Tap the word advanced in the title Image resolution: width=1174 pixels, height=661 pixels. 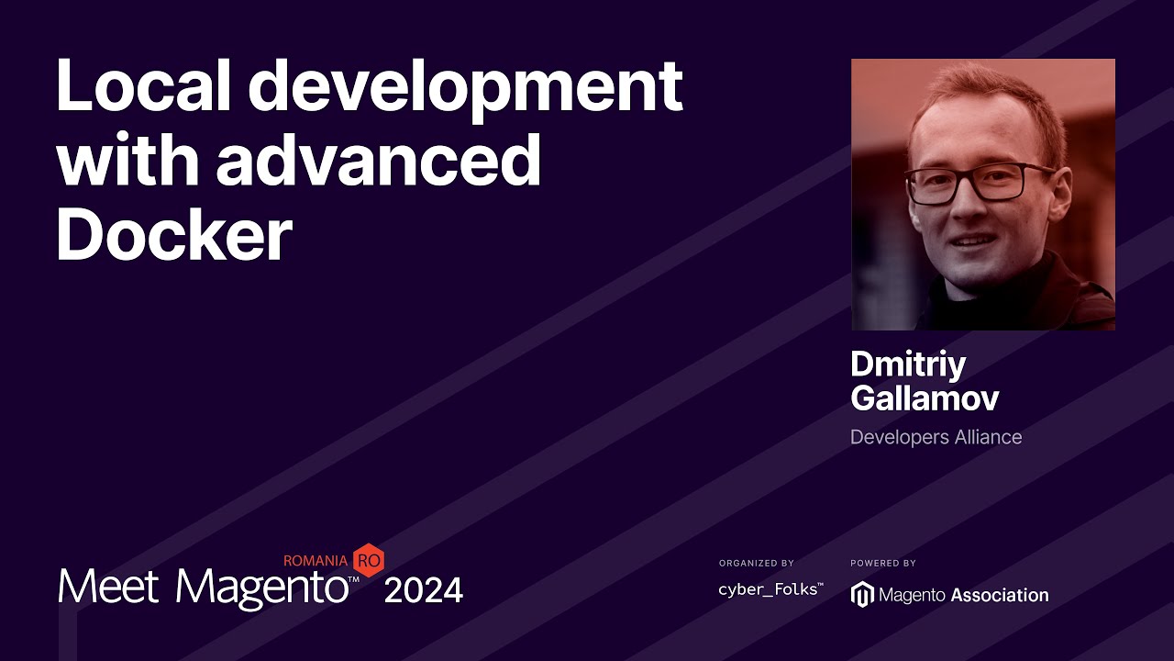[x=378, y=162]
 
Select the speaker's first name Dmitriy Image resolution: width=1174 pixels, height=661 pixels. [x=908, y=364]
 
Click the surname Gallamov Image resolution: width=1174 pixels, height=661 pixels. [x=925, y=398]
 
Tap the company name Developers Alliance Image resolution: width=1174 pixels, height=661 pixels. [x=936, y=437]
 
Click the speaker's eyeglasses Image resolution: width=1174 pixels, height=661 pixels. [x=980, y=182]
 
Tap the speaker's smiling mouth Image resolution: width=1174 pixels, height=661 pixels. [x=972, y=241]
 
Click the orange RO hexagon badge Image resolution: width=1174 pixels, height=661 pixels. [x=368, y=559]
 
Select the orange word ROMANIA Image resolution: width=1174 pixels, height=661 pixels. [x=316, y=560]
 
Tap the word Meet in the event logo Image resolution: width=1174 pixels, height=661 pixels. [x=109, y=586]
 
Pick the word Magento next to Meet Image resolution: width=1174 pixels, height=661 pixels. [x=261, y=588]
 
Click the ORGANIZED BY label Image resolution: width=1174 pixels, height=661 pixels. [x=757, y=563]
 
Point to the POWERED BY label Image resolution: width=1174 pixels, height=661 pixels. [x=883, y=563]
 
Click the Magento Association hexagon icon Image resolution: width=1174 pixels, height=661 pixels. [x=862, y=595]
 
